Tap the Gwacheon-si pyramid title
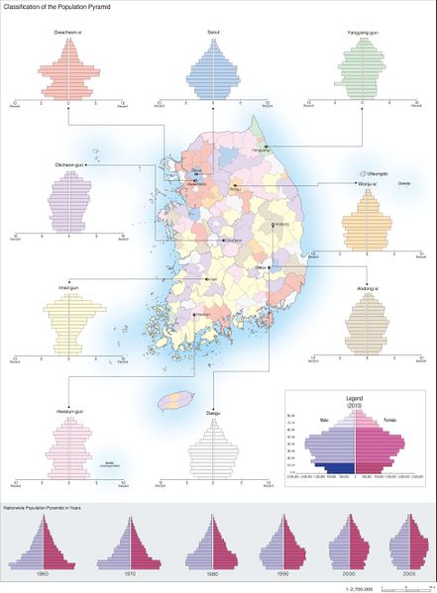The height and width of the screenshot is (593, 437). tap(68, 32)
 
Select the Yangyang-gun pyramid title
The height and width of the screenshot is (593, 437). tap(363, 32)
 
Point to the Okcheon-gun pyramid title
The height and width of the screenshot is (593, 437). tap(68, 164)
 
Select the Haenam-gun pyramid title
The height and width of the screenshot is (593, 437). tap(68, 406)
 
